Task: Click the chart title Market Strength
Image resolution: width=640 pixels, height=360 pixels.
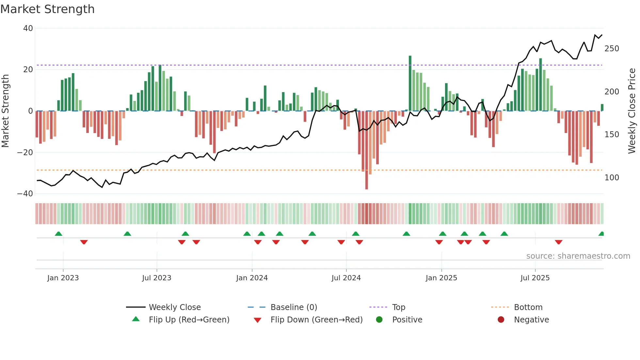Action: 47,9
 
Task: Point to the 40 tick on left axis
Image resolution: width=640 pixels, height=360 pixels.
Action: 28,28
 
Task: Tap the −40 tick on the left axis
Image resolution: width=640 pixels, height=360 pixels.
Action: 25,194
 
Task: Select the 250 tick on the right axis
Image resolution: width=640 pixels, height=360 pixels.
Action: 612,49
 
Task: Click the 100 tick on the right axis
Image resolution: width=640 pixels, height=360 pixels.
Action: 612,178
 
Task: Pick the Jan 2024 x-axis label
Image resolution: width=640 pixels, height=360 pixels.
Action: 252,278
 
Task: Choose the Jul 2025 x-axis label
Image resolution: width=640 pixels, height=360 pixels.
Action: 535,278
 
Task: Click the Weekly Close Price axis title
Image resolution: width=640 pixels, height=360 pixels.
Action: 632,111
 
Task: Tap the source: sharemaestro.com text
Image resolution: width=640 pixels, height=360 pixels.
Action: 578,256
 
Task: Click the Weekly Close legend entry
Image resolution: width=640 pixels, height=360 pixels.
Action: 175,307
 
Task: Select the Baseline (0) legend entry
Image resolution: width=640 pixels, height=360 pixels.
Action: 294,307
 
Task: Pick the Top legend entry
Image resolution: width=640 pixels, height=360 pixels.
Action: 398,307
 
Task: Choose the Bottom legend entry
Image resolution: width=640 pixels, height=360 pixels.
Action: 528,307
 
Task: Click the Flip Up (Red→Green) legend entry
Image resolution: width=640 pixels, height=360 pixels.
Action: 189,320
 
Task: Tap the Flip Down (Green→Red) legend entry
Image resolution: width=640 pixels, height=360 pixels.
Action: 316,320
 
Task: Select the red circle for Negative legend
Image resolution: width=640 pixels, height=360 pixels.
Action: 501,320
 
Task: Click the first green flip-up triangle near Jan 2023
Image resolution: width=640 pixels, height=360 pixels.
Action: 58,234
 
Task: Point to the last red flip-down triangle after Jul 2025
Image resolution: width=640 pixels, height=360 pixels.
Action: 558,242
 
